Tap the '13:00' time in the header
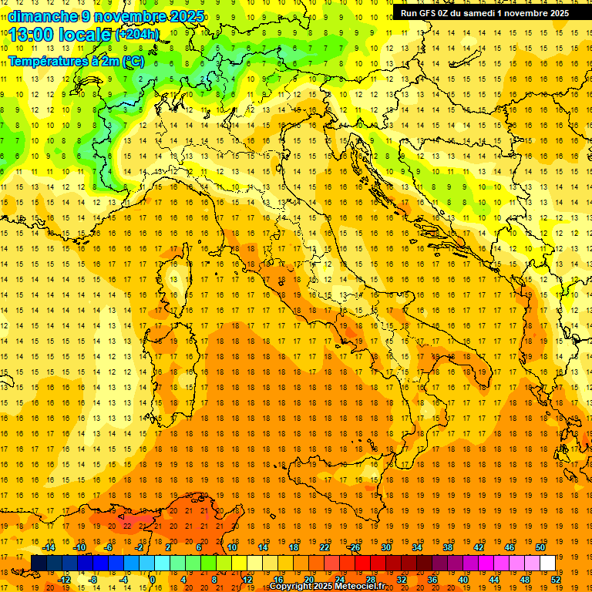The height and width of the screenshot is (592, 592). coord(30,35)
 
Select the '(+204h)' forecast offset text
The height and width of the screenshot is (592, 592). coord(136,35)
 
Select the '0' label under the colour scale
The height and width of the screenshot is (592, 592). coord(153,579)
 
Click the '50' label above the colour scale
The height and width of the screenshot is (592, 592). coord(540,547)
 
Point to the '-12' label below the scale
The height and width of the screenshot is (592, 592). coord(65,579)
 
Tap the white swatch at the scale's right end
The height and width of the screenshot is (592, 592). coord(547,563)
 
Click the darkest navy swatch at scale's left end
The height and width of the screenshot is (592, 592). coord(39,563)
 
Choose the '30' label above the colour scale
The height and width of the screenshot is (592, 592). coord(386,547)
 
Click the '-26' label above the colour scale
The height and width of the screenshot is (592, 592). coord(354,547)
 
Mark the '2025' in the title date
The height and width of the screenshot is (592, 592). coord(187,16)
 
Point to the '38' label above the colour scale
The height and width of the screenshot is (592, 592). coord(448,547)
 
